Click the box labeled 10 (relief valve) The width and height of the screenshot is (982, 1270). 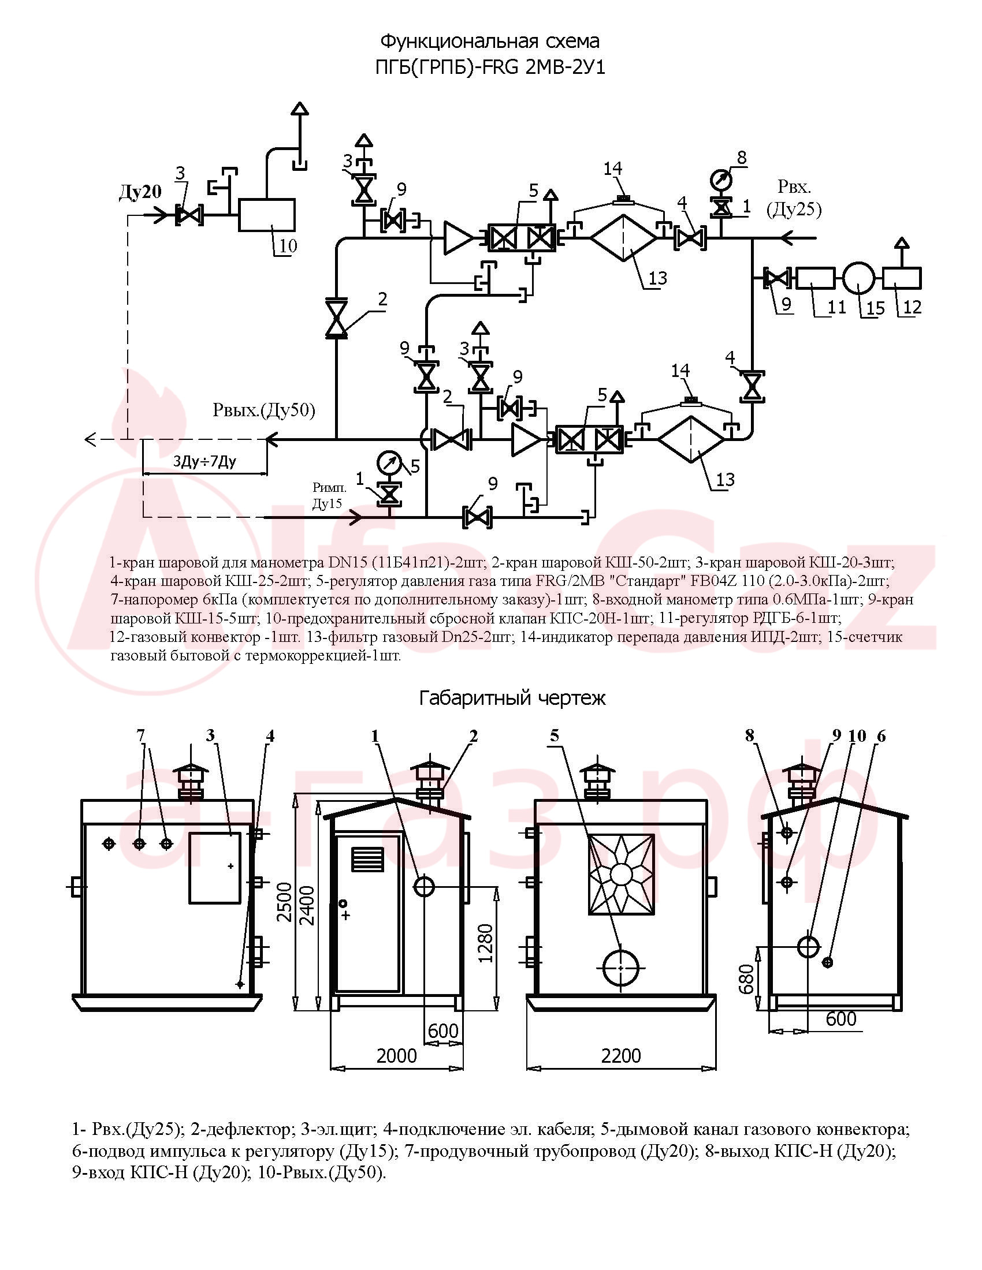[x=267, y=215]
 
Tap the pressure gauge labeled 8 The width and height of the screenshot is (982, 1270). [x=722, y=180]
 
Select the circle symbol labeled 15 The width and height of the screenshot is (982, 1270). [x=858, y=278]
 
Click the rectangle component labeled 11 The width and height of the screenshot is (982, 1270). [x=814, y=278]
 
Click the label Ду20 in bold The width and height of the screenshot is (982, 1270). [x=140, y=191]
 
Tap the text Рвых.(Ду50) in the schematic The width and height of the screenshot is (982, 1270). [x=264, y=410]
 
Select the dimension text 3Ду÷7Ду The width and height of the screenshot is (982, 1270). [x=205, y=462]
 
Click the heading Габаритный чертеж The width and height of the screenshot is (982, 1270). [x=512, y=698]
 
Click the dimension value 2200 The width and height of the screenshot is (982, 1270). [x=621, y=1055]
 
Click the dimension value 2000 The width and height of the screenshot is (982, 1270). [x=397, y=1055]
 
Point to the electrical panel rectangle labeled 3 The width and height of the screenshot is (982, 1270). [x=215, y=868]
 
